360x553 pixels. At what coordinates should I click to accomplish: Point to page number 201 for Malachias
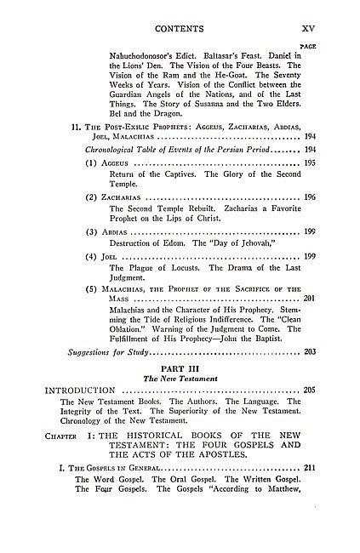coord(309,298)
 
